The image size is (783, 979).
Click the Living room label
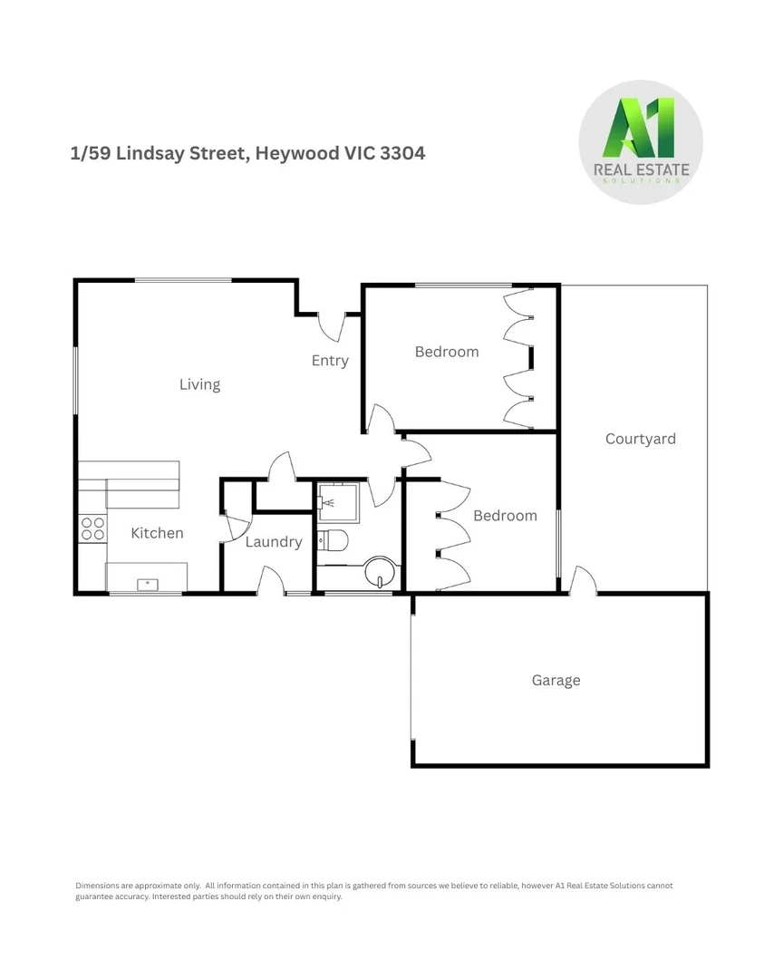click(199, 384)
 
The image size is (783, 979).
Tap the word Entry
click(330, 361)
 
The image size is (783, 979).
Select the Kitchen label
click(157, 533)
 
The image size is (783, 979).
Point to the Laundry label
click(273, 542)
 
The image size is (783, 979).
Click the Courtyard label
click(640, 439)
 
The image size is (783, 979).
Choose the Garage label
click(556, 681)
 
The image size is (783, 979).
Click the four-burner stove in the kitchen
click(92, 528)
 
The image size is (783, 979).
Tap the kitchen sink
click(147, 583)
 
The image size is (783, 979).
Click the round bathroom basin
click(380, 574)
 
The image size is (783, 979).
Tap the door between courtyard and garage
click(583, 582)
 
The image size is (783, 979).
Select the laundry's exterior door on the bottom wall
click(271, 582)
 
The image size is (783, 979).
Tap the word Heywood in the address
click(296, 153)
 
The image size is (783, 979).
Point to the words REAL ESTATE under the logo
click(640, 170)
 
